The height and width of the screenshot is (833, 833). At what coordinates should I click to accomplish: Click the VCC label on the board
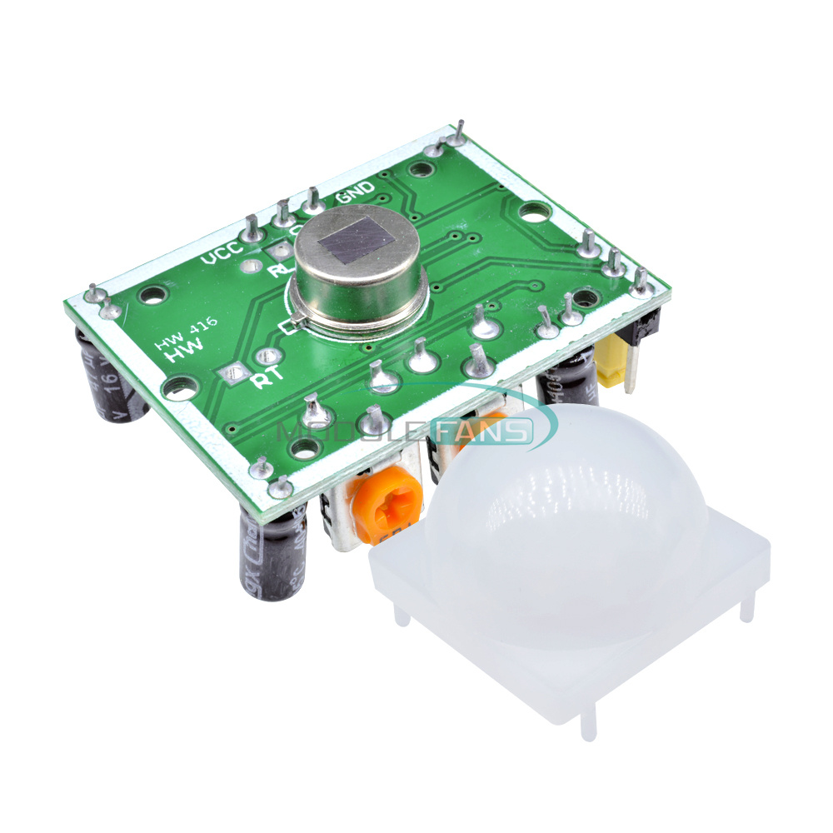223,249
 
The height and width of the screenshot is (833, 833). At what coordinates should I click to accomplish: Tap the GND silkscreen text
355,190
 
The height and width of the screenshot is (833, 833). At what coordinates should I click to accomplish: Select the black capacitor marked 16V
115,375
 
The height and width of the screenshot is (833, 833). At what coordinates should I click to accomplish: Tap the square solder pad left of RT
233,374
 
